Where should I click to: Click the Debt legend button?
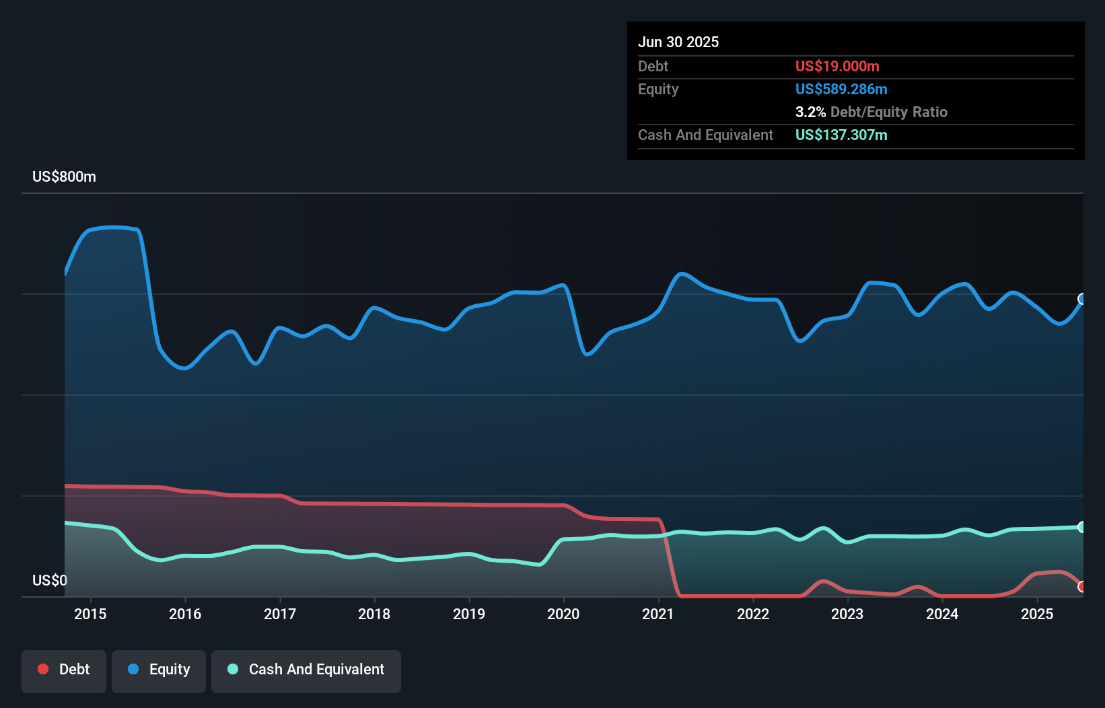64,670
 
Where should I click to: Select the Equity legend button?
159,670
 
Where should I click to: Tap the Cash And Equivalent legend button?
306,670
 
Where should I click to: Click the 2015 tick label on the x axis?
90,614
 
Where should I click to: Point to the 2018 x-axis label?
374,614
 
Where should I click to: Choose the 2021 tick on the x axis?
658,614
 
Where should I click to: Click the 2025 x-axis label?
1037,614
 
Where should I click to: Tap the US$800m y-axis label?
65,177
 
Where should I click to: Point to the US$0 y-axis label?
50,580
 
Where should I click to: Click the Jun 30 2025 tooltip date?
678,42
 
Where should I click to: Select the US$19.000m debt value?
837,67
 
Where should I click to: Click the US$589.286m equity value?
841,90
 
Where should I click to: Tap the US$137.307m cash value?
841,135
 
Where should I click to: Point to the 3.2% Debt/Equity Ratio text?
871,112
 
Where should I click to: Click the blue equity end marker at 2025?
1082,299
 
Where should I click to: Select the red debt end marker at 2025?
1082,587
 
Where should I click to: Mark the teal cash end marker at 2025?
1082,527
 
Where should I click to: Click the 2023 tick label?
847,614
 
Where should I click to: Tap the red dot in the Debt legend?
43,669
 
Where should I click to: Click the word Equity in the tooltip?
658,90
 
